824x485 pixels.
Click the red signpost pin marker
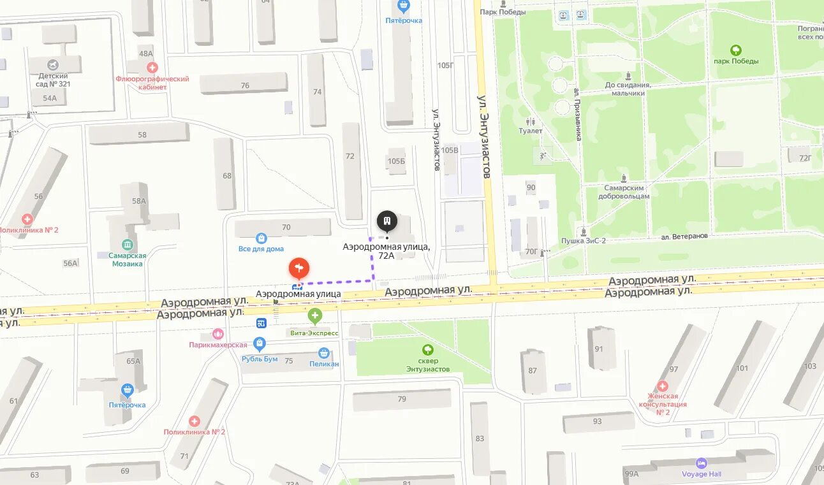coord(299,268)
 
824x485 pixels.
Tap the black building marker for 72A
coord(386,221)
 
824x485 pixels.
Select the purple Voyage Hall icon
coord(702,463)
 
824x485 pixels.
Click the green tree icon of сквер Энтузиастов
coord(427,349)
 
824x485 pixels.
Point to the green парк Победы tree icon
coord(736,50)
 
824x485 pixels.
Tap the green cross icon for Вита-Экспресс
coord(314,315)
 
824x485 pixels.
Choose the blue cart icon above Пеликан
coord(324,353)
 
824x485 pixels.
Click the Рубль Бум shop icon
coord(259,345)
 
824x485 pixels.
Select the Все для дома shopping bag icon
coord(261,238)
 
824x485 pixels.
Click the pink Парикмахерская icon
coord(218,334)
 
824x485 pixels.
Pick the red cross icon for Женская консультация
coord(663,386)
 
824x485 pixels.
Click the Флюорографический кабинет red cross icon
coord(152,68)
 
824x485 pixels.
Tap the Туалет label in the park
coord(530,131)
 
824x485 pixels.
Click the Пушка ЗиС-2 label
coord(583,242)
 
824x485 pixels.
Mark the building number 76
coord(245,85)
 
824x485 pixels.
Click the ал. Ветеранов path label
coord(684,236)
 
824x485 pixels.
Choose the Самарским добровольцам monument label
coord(627,192)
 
